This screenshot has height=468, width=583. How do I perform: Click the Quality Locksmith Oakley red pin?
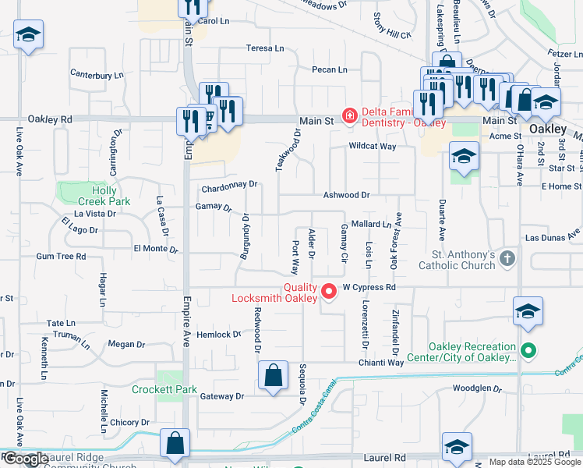[x=329, y=292]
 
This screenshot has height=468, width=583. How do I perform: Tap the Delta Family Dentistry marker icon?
[x=349, y=116]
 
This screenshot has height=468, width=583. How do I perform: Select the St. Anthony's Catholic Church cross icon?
[x=507, y=258]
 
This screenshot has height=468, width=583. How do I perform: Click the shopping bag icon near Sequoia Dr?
[x=274, y=375]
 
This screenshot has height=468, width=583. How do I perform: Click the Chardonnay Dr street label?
[x=229, y=185]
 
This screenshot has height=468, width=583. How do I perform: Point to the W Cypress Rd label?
[x=369, y=287]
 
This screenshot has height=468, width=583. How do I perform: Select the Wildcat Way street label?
[x=373, y=147]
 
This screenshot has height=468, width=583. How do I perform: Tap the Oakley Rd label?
[x=50, y=119]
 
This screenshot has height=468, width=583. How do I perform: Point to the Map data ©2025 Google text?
[x=534, y=463]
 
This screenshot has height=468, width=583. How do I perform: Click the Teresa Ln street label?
[x=265, y=48]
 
